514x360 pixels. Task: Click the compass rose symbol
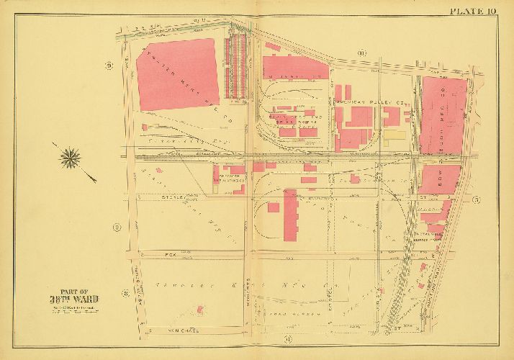click(71, 156)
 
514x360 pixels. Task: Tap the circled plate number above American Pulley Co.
click(361, 52)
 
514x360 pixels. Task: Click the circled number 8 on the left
click(125, 292)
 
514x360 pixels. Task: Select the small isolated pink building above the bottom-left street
click(199, 309)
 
